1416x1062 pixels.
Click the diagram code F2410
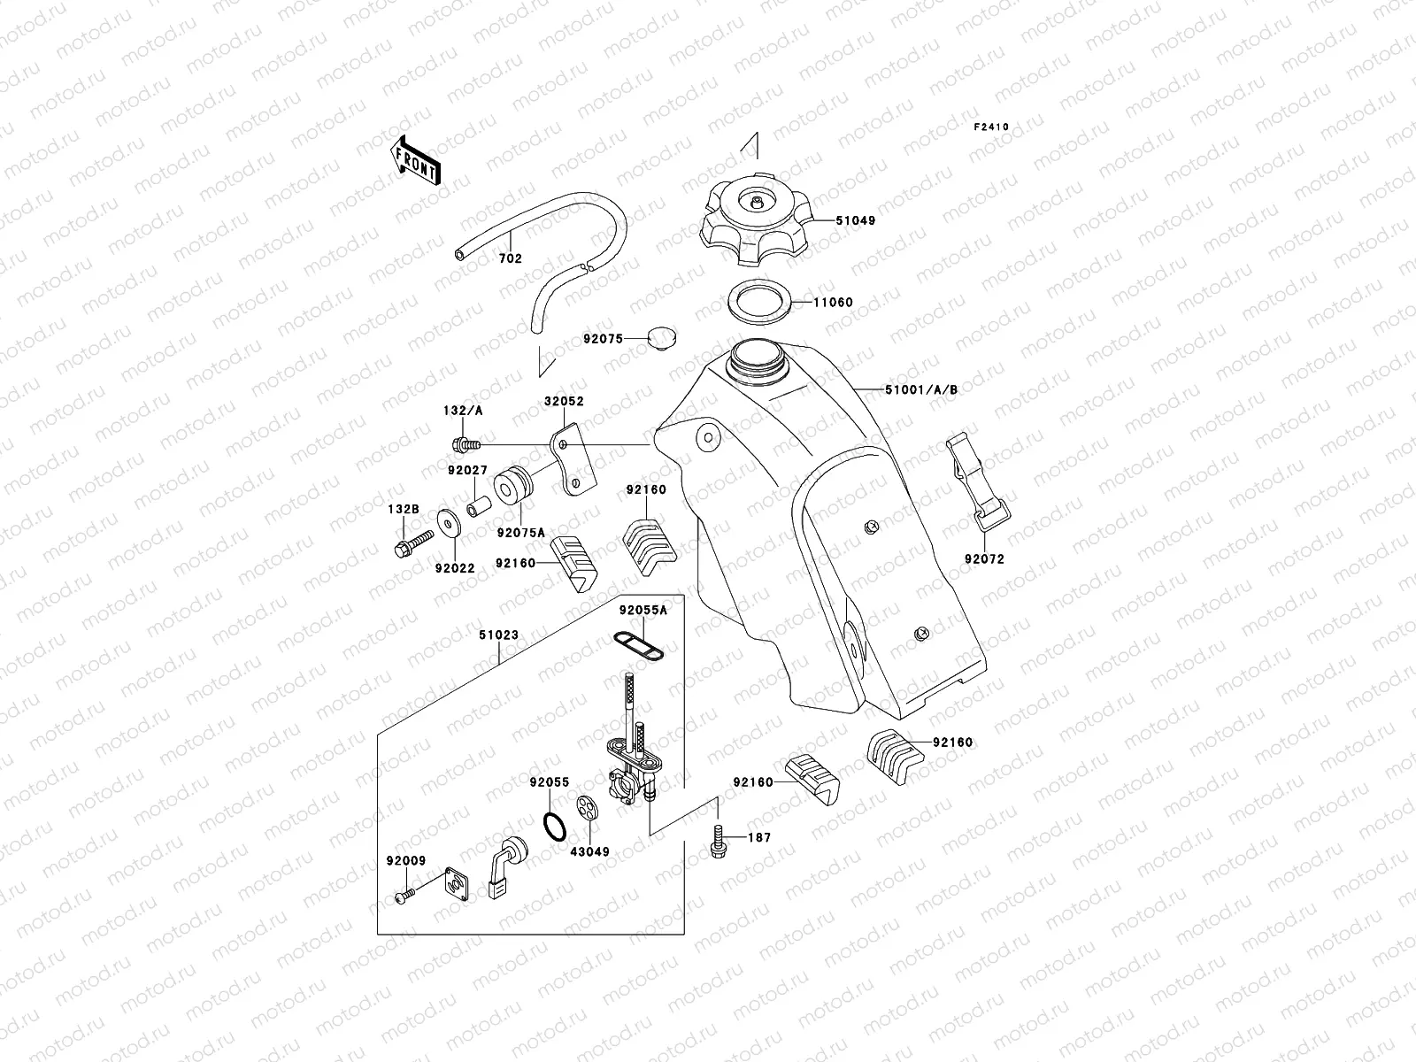pyautogui.click(x=991, y=127)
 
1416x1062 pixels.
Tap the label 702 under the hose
pyautogui.click(x=511, y=259)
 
